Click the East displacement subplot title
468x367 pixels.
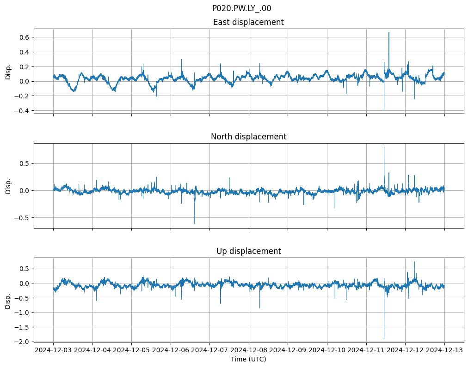point(248,22)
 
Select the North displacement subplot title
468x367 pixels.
point(248,137)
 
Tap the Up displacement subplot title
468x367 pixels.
point(248,251)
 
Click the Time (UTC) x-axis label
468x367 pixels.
point(248,359)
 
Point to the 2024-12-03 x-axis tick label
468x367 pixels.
point(53,350)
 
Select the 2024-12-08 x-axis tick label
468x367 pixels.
point(249,350)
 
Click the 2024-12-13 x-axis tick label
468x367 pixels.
point(444,350)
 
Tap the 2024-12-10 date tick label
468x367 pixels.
point(327,350)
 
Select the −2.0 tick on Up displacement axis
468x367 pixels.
point(21,342)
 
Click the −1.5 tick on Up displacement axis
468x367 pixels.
point(21,327)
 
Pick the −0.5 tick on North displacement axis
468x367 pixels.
point(21,217)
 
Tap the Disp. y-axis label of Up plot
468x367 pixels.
point(8,300)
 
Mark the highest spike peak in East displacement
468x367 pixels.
point(389,33)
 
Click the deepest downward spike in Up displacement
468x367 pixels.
point(384,338)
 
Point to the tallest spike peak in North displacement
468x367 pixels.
point(384,147)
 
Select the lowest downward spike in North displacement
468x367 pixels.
point(195,224)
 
